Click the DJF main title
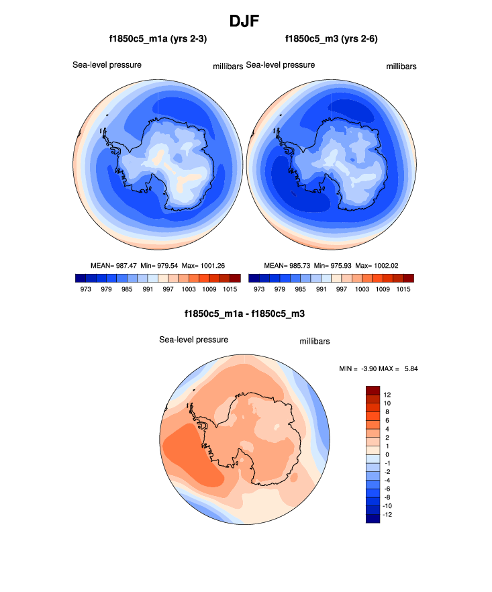pyautogui.click(x=246, y=21)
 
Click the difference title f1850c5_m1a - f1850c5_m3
pyautogui.click(x=246, y=313)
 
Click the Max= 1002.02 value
pyautogui.click(x=379, y=265)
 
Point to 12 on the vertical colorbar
pyautogui.click(x=388, y=394)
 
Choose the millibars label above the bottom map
pyautogui.click(x=314, y=342)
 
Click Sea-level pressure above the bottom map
pyautogui.click(x=193, y=340)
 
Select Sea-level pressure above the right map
pyautogui.click(x=281, y=65)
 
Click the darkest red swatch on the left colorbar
pyautogui.click(x=234, y=278)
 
